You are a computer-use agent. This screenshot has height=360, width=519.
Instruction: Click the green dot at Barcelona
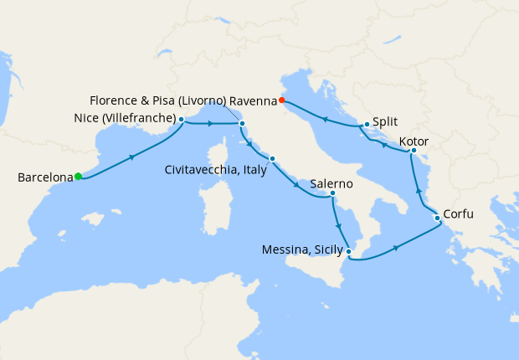click(x=78, y=176)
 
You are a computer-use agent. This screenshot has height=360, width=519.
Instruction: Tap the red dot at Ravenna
click(x=282, y=100)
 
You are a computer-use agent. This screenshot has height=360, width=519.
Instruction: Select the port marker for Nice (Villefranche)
click(x=182, y=119)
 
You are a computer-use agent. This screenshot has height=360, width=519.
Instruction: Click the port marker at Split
click(x=367, y=125)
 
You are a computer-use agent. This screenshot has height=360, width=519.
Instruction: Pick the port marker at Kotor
click(x=414, y=151)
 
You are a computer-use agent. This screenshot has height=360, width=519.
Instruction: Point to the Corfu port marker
click(x=436, y=219)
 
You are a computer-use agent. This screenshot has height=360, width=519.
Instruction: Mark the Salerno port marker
click(x=332, y=193)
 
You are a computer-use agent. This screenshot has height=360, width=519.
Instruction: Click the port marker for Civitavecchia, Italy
click(x=272, y=159)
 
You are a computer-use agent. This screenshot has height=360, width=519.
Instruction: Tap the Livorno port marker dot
click(x=242, y=125)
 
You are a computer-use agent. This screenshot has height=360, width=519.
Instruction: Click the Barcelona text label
click(x=44, y=177)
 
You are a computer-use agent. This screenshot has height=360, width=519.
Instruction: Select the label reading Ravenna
click(x=253, y=100)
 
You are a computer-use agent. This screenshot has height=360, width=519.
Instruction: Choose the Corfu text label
click(x=458, y=213)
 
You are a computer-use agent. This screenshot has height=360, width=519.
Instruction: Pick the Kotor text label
click(x=415, y=141)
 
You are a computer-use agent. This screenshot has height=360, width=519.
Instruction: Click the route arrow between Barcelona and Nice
click(x=131, y=157)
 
